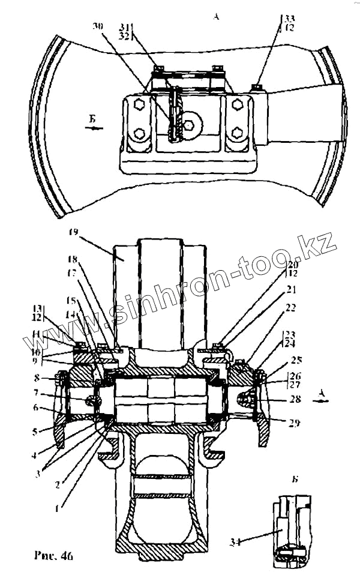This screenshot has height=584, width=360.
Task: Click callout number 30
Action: (97, 26)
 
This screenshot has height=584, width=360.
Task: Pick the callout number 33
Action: (290, 18)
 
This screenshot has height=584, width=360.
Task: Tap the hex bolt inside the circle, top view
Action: (190, 125)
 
